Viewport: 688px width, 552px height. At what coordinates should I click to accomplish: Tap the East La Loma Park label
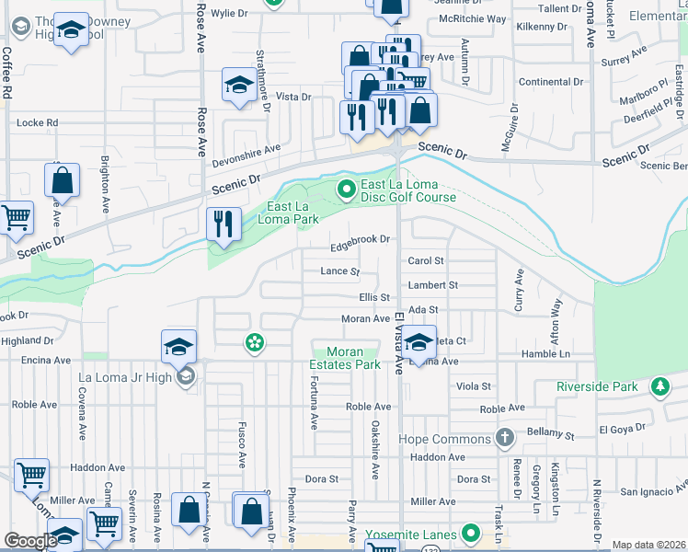292,213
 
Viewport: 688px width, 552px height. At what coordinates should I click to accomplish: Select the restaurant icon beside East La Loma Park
223,224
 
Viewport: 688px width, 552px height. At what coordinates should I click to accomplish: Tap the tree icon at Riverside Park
659,386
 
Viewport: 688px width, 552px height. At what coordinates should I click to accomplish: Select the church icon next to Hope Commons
503,438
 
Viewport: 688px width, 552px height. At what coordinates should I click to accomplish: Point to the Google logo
29,541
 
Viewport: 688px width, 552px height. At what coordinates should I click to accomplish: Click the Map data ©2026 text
648,545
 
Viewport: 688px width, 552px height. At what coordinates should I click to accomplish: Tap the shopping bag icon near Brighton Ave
62,179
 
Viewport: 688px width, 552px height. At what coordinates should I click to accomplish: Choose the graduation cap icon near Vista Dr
239,86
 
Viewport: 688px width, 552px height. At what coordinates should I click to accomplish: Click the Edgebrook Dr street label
361,239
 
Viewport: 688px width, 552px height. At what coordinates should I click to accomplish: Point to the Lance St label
339,271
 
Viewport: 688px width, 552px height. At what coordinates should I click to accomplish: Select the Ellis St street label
375,297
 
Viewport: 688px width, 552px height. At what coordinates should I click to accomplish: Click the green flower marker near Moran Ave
253,343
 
